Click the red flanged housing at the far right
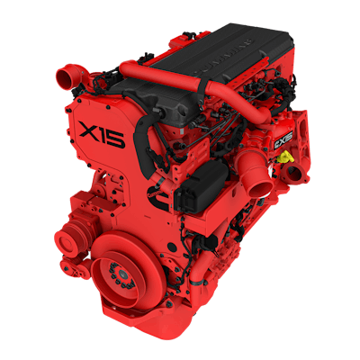click(x=302, y=135)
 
